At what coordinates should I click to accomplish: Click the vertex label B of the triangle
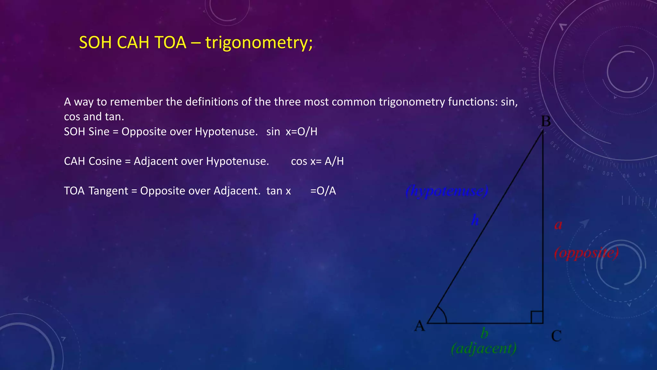point(546,122)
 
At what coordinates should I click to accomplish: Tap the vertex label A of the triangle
point(420,326)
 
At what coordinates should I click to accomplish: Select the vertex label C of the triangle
point(556,336)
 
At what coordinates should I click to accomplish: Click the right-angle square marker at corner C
point(537,317)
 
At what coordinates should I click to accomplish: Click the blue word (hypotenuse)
point(447,191)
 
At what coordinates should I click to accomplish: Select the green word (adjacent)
point(484,348)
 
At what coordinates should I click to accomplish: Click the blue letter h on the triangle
point(475,220)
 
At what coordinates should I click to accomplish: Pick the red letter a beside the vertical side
point(558,225)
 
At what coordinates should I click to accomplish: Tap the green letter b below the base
point(484,333)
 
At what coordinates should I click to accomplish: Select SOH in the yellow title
point(95,42)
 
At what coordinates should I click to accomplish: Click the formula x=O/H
point(301,132)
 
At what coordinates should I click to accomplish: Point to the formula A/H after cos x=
point(334,161)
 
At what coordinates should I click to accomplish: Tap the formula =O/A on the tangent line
point(323,191)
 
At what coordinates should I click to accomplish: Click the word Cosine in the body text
point(106,161)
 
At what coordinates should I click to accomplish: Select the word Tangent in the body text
point(108,191)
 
